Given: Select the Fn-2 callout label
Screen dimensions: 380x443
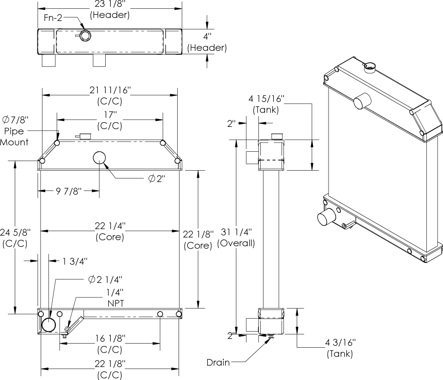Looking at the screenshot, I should [x=54, y=18].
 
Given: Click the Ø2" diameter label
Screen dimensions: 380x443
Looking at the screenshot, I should [x=157, y=178].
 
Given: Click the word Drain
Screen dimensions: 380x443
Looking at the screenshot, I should [x=218, y=362].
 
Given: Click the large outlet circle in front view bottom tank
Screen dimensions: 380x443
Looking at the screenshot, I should [x=48, y=324].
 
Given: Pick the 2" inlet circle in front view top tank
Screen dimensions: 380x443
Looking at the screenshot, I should [x=100, y=158].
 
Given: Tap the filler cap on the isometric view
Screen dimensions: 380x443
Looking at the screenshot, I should [x=370, y=68].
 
